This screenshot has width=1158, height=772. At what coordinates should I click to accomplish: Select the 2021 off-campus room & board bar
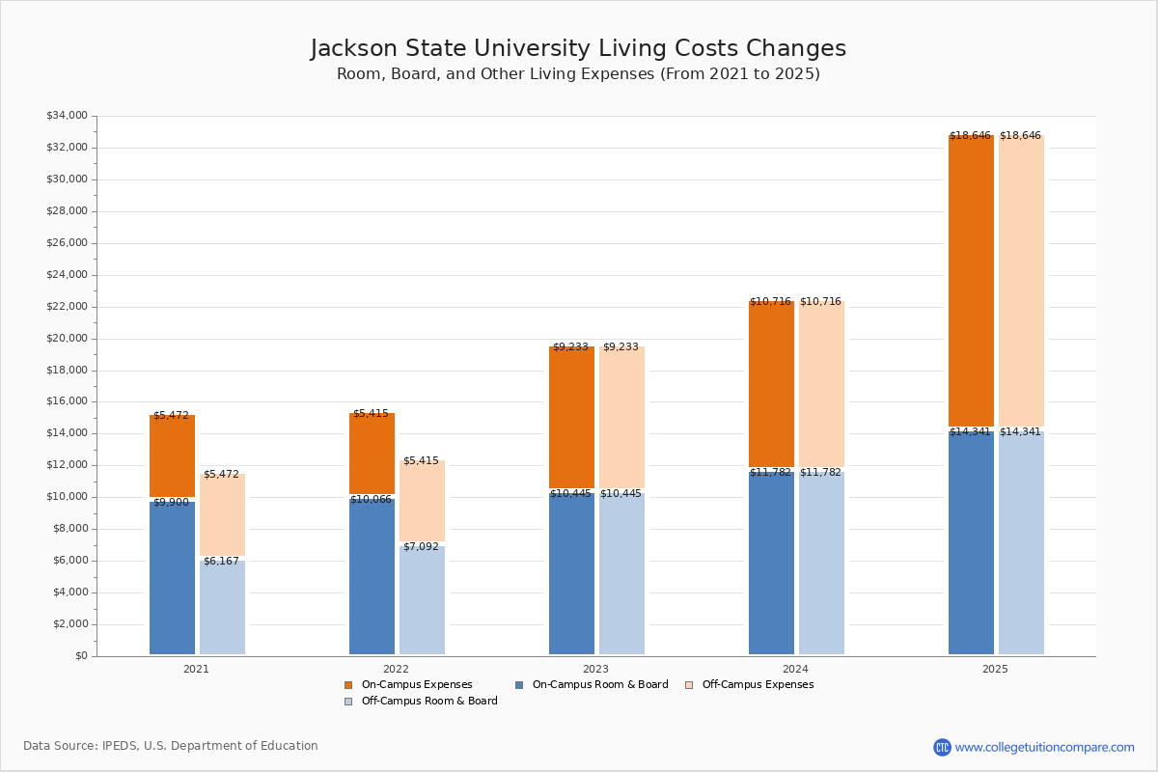(222, 608)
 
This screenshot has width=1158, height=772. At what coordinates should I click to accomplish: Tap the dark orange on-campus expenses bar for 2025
(971, 280)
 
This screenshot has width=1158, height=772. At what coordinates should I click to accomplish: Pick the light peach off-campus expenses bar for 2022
(422, 502)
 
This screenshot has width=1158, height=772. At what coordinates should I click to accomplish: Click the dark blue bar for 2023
(571, 573)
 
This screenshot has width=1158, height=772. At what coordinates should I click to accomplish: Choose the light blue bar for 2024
(821, 564)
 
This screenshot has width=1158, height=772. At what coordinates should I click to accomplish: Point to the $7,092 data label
(421, 547)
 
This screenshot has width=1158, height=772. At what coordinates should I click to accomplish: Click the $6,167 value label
(221, 562)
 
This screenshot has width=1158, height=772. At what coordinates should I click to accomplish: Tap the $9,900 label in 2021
(171, 503)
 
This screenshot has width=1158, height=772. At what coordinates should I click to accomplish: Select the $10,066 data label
(372, 500)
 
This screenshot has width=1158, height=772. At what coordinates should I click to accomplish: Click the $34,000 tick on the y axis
(67, 116)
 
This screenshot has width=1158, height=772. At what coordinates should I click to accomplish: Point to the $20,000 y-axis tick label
(67, 339)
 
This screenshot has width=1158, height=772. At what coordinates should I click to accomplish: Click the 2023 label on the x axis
(595, 669)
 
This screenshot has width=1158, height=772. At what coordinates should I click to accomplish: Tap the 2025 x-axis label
(995, 669)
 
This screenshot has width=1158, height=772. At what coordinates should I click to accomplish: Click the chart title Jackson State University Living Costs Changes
(578, 49)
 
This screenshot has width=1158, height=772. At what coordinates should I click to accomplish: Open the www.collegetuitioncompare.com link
(1044, 747)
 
